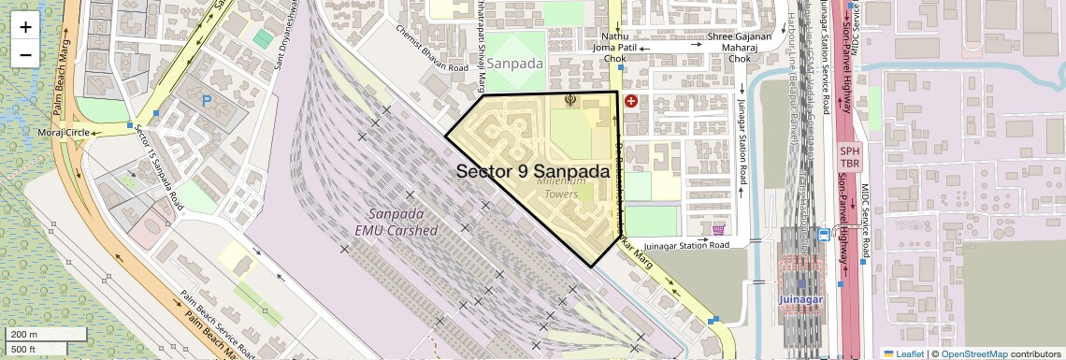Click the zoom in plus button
point(25,27)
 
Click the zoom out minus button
point(25,54)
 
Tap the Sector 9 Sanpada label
point(533,172)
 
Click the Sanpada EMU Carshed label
point(396,222)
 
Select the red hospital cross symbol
point(631,101)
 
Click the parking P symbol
point(207,98)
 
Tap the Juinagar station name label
point(801,299)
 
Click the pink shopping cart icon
point(718,229)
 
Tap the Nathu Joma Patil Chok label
point(614,47)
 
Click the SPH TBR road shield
point(849,156)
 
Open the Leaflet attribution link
point(903,354)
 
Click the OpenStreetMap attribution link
point(974,354)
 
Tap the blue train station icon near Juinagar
point(823,235)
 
